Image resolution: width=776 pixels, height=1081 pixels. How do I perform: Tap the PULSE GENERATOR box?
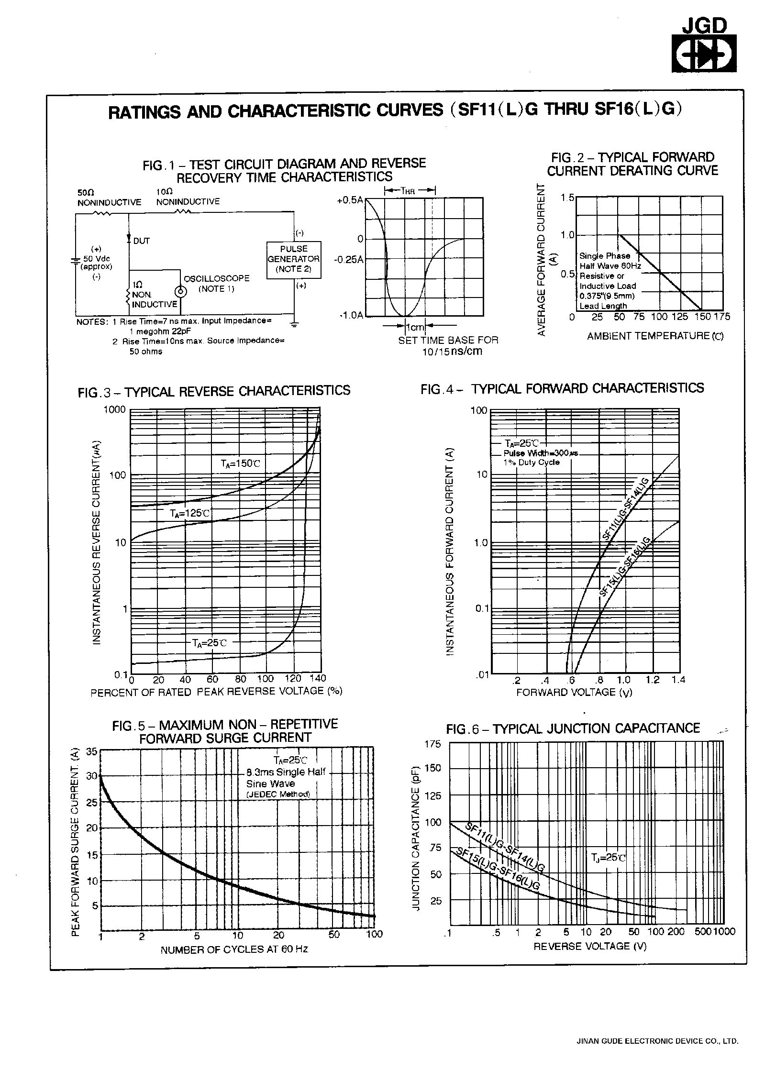(294, 259)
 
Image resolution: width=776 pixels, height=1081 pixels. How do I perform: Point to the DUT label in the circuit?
(141, 241)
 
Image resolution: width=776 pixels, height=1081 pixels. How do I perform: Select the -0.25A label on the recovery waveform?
(349, 260)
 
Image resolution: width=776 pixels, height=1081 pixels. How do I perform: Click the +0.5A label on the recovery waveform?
(350, 200)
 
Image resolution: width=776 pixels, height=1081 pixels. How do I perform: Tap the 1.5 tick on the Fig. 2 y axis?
(567, 198)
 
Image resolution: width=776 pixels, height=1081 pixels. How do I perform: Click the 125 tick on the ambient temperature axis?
(679, 317)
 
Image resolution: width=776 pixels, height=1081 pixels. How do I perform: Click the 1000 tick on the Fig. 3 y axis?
(115, 409)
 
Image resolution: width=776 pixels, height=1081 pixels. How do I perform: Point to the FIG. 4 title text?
(562, 388)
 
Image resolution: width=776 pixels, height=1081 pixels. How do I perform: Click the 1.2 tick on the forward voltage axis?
(653, 680)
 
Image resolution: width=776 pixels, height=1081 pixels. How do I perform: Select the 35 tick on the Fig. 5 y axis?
(91, 751)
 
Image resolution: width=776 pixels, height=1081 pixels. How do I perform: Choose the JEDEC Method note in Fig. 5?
(278, 794)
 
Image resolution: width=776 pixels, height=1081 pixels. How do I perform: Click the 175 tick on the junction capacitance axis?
(433, 744)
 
